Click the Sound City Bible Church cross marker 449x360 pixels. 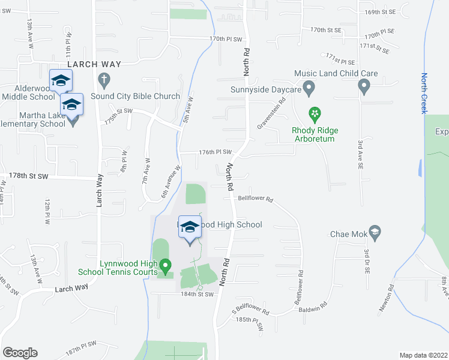pyautogui.click(x=104, y=79)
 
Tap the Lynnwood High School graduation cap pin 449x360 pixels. pyautogui.click(x=190, y=228)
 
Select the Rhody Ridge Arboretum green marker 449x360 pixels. pyautogui.click(x=313, y=113)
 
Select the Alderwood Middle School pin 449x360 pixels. pyautogui.click(x=61, y=81)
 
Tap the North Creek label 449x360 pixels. pyautogui.click(x=424, y=93)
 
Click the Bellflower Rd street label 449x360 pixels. pyautogui.click(x=255, y=199)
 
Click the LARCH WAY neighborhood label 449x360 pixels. pyautogui.click(x=94, y=64)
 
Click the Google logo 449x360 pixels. pyautogui.click(x=20, y=353)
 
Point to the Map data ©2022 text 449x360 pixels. pyautogui.click(x=423, y=355)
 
